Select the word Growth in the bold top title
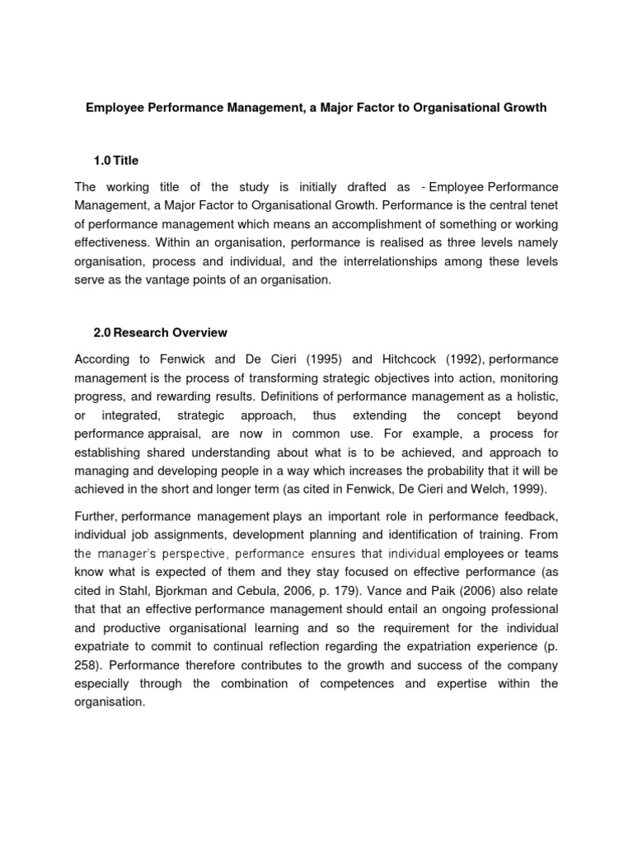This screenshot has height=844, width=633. point(524,108)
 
